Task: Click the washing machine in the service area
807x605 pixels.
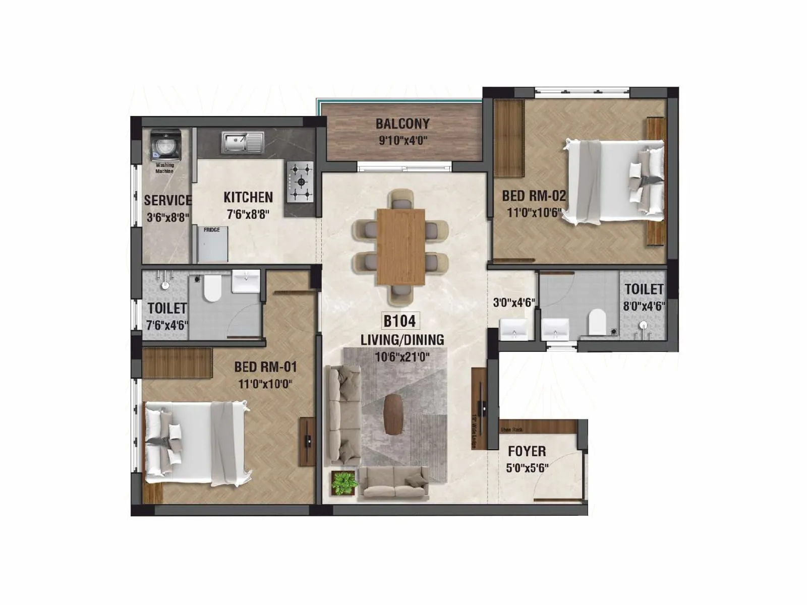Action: (165, 145)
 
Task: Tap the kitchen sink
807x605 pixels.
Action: (242, 142)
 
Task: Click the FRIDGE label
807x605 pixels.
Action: (212, 230)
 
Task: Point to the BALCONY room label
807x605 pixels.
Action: (402, 124)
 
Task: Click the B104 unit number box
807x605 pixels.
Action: (399, 321)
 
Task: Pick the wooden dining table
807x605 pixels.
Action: (401, 246)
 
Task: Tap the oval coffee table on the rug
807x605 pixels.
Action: (393, 414)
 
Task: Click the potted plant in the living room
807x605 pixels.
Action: (345, 483)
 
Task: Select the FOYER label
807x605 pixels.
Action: (527, 451)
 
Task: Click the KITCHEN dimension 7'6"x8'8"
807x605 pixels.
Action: (248, 214)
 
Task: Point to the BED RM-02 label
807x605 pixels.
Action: (534, 196)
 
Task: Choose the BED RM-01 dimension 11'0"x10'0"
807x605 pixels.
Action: (265, 384)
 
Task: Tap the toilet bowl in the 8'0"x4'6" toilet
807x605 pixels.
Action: (597, 322)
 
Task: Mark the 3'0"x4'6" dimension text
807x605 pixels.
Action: (513, 303)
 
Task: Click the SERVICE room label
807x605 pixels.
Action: (167, 200)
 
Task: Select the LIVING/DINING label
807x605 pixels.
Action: (402, 340)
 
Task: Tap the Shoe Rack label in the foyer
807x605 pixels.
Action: (511, 430)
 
